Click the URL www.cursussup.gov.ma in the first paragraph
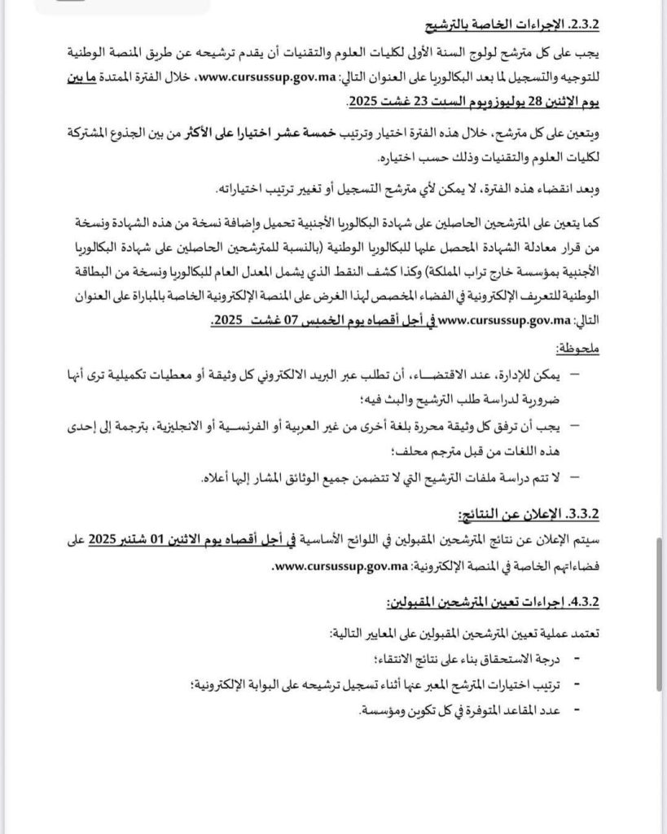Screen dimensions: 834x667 coord(258,79)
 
